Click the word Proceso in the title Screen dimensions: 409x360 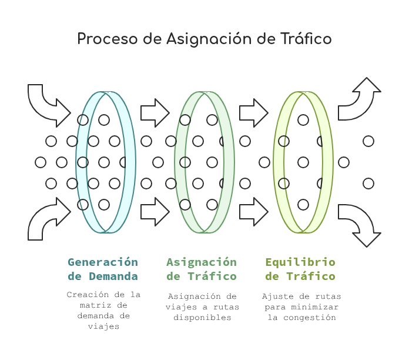[x=107, y=39]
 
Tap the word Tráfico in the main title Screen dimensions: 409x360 [x=306, y=38]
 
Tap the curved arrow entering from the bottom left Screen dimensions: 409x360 [x=42, y=220]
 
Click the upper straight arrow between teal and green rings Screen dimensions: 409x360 [x=155, y=113]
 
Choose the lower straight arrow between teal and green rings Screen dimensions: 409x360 [x=155, y=212]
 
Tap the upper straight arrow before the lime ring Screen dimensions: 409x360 [x=253, y=113]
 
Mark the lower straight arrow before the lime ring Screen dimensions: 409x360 [x=253, y=212]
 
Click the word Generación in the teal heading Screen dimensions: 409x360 [x=103, y=262]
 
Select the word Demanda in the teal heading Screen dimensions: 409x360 [x=113, y=276]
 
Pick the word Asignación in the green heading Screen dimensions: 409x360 [x=202, y=262]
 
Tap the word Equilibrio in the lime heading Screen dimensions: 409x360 [x=300, y=262]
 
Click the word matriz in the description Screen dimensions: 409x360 [x=95, y=305]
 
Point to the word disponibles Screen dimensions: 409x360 [x=202, y=318]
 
